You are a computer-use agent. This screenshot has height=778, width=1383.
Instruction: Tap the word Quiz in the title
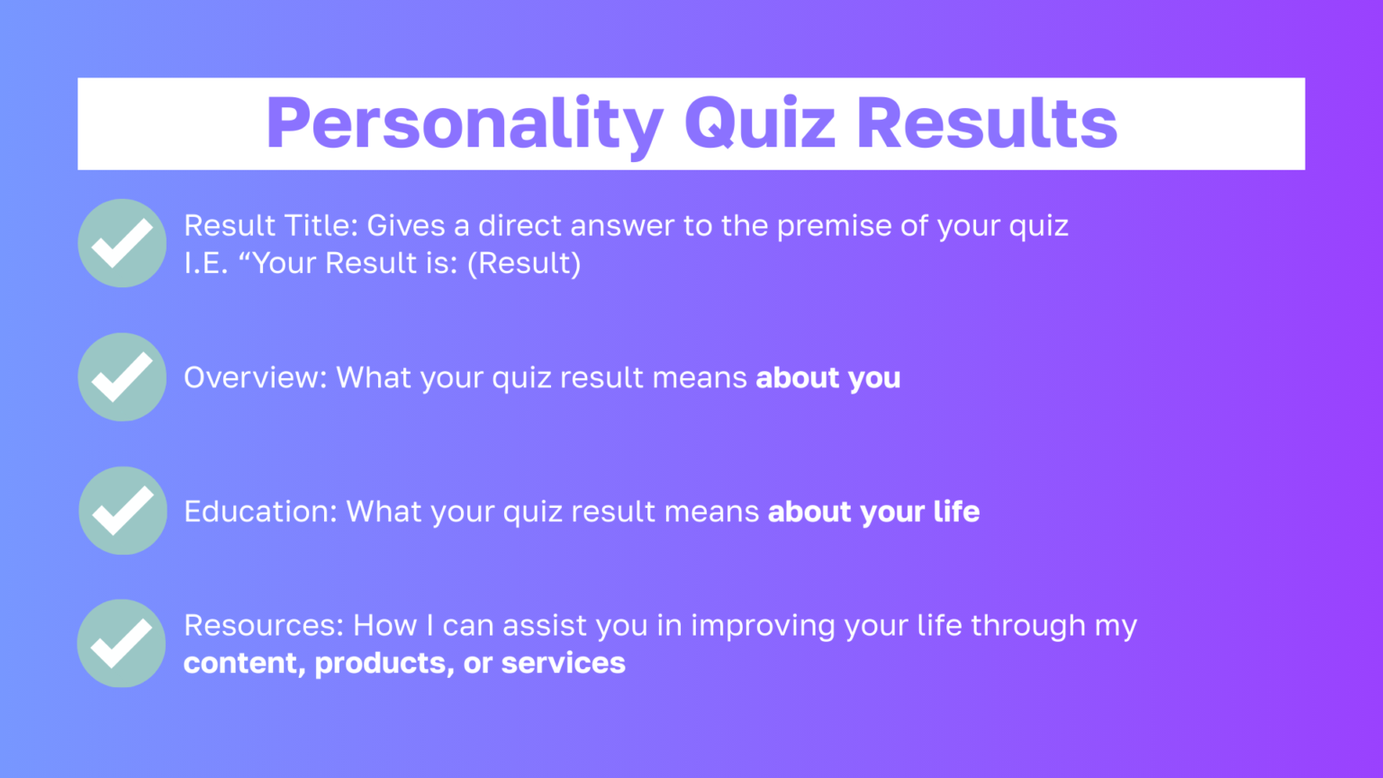point(760,123)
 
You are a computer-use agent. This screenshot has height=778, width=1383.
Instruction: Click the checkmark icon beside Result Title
point(122,243)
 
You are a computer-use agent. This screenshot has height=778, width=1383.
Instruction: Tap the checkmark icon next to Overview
point(122,377)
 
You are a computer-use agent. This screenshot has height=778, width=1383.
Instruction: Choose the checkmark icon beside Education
point(122,511)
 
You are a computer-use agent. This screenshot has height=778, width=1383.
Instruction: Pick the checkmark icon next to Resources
point(122,644)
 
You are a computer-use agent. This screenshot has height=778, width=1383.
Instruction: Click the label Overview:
point(256,377)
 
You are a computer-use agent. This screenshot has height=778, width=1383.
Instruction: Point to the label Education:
point(260,511)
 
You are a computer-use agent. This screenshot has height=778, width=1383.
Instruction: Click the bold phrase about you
point(827,378)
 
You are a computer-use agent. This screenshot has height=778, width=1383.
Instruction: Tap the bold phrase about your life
point(873,511)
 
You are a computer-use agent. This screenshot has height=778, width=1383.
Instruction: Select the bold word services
point(563,664)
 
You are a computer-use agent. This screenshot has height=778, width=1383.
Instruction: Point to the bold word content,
point(244,664)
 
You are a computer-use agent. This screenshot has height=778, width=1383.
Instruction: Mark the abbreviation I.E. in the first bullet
point(206,263)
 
